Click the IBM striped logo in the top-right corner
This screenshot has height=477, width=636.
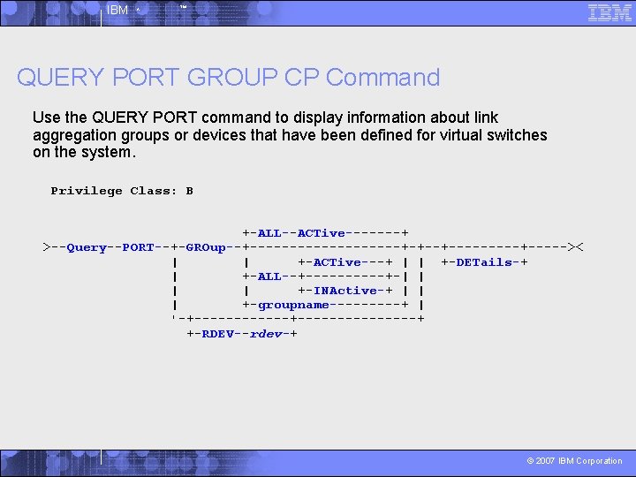[609, 12]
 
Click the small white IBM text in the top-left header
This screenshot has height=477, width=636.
[117, 11]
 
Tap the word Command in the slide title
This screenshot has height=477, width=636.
[382, 78]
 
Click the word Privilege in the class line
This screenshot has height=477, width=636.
[87, 191]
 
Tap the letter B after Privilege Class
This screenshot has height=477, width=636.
[189, 191]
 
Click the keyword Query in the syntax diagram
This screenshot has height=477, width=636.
[87, 247]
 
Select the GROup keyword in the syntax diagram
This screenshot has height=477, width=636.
[206, 247]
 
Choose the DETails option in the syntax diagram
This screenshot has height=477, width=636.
[484, 262]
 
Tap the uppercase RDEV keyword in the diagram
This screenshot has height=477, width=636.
[217, 334]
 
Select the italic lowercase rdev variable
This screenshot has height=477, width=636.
[265, 334]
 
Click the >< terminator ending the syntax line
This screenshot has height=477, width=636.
[576, 247]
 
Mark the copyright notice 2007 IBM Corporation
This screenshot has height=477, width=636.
[574, 461]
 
